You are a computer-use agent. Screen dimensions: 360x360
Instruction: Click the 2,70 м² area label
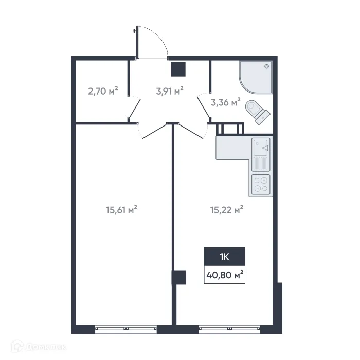pos(103,92)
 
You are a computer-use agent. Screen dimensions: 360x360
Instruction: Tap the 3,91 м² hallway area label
pos(170,92)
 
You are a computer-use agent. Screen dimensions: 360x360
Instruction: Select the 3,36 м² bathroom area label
pos(225,102)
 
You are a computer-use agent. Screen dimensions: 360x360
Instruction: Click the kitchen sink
pos(261,149)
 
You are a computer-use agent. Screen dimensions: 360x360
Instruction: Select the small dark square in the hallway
pos(178,69)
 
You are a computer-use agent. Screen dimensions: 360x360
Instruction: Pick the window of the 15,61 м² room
pos(126,327)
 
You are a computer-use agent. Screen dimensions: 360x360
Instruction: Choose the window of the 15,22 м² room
pos(229,327)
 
